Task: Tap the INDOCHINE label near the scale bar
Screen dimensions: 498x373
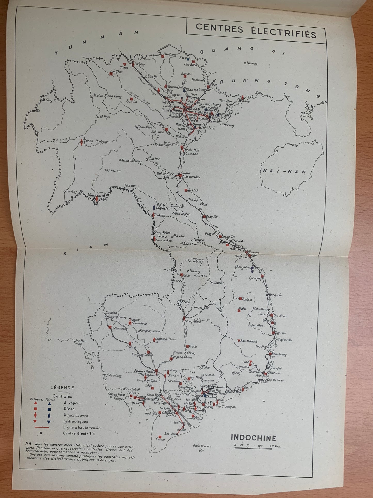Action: coord(253,438)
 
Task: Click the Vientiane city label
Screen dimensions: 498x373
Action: coord(97,195)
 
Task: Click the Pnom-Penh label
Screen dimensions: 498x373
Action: coord(144,371)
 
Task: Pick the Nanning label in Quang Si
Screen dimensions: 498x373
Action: coord(252,63)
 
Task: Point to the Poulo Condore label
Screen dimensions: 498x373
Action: coord(202,446)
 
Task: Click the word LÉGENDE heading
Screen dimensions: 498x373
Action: coord(62,388)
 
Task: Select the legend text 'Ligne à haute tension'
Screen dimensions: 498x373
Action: coord(83,428)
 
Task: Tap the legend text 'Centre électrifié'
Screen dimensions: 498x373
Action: coord(79,434)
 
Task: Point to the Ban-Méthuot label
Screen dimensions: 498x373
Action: coord(249,341)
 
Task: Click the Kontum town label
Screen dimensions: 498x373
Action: coord(247,299)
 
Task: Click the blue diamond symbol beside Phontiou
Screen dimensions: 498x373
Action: coord(154,208)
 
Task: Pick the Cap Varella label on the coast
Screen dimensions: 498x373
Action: coord(285,340)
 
